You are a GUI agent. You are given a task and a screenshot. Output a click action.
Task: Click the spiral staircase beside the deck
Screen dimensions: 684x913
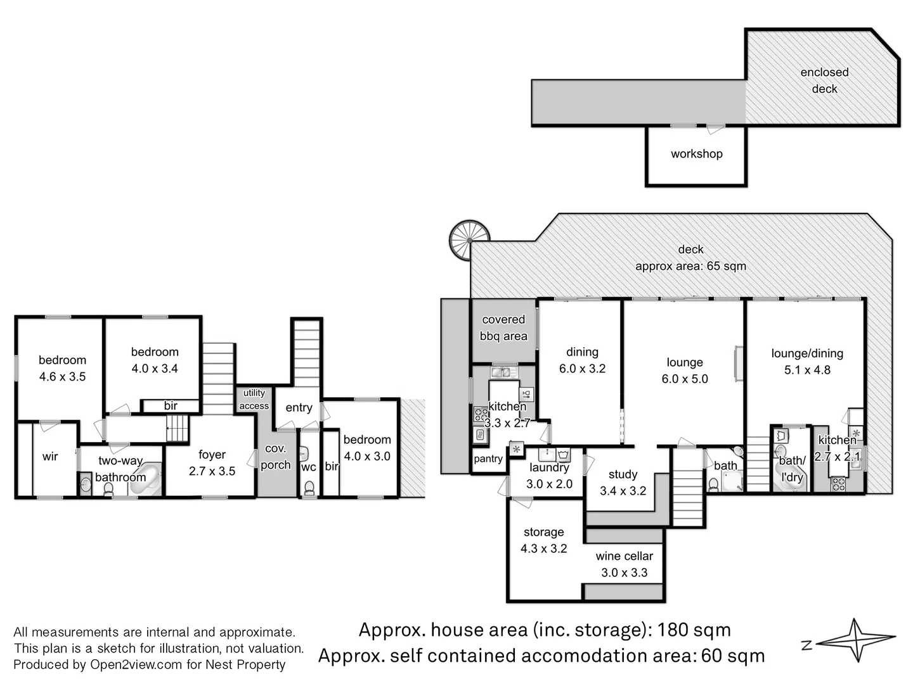[x=469, y=239]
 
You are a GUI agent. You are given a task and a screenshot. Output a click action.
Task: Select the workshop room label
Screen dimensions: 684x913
[x=696, y=154]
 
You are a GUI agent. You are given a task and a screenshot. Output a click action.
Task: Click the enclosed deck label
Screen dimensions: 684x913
[x=824, y=80]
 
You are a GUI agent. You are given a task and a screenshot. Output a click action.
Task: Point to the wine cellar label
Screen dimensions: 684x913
[x=624, y=556]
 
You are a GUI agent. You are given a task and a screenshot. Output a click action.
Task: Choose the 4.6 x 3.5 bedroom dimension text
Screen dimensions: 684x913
[x=62, y=377]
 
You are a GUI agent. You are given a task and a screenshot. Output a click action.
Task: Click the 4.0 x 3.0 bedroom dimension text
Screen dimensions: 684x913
[x=367, y=456]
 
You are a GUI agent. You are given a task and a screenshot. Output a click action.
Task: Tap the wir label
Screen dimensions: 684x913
[x=50, y=457]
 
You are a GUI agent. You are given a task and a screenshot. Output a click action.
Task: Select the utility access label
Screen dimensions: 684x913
[x=254, y=400]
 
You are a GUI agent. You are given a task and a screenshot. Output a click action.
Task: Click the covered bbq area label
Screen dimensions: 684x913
[x=503, y=328]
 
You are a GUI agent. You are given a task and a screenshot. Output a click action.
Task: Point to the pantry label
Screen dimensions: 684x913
[x=488, y=459]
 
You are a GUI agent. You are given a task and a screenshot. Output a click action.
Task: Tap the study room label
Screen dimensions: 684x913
[x=623, y=474]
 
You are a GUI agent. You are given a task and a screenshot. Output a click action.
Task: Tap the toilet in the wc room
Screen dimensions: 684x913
[x=309, y=488]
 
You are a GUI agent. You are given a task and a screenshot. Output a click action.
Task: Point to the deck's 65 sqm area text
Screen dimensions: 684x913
[x=690, y=267]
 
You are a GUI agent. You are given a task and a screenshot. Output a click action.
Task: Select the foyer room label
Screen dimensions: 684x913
[x=212, y=455]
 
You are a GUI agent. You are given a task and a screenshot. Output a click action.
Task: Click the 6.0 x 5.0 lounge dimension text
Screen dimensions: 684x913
[x=685, y=379]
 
